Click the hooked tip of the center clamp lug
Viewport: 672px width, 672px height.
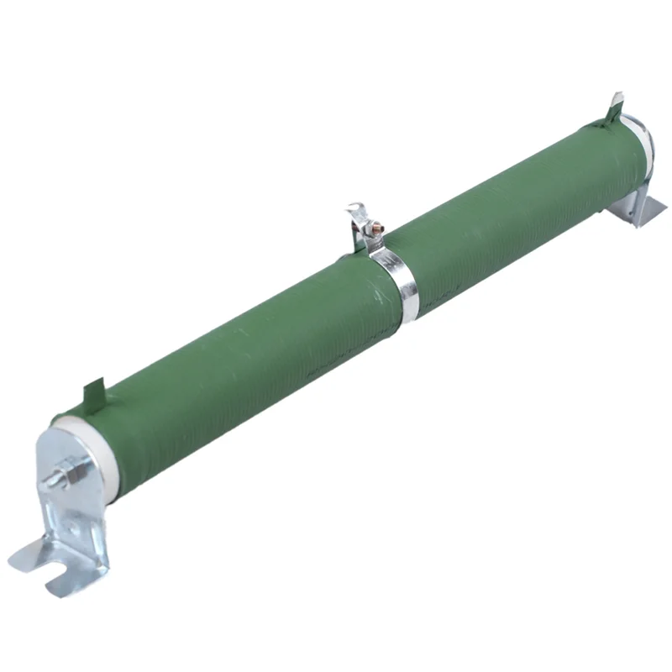[x=351, y=210]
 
